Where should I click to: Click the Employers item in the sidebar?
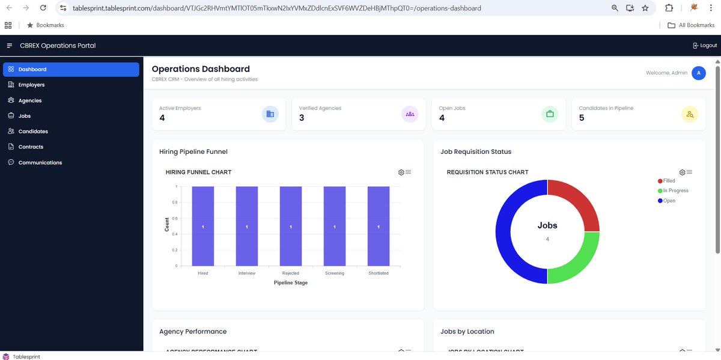click(31, 85)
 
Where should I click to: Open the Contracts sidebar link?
click(31, 147)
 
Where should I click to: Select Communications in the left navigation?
click(40, 162)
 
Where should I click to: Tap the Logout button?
click(705, 46)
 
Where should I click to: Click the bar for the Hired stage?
click(203, 226)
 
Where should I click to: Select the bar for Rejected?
click(291, 226)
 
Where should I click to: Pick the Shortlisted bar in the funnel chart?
click(379, 226)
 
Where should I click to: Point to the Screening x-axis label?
click(335, 273)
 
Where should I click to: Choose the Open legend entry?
click(669, 201)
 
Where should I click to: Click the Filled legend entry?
click(669, 181)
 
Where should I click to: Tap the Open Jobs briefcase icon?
click(549, 114)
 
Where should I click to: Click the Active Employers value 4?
click(162, 118)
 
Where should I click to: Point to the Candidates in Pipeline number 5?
click(582, 118)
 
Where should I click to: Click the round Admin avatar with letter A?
click(698, 73)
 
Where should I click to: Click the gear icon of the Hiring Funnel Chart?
click(401, 172)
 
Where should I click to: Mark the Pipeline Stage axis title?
click(291, 282)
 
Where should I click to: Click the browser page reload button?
click(43, 8)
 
